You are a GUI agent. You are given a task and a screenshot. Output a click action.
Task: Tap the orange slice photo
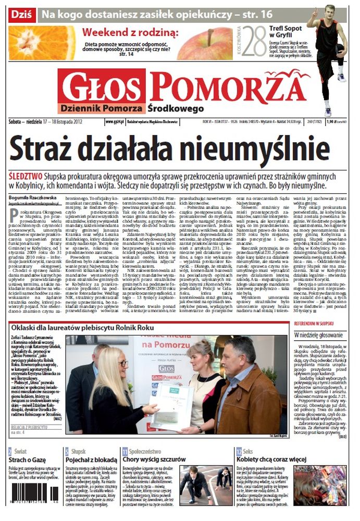point(42,43)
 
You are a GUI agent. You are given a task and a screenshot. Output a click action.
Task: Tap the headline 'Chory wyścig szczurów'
point(154,460)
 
